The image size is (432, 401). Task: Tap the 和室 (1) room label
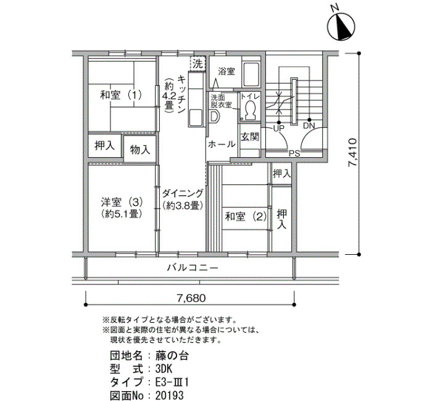click(121, 95)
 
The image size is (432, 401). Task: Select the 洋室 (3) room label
click(122, 202)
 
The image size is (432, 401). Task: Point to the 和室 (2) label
click(246, 217)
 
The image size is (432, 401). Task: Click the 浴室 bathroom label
click(226, 72)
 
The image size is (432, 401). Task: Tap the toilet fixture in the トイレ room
click(250, 110)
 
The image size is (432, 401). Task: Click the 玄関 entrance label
click(250, 137)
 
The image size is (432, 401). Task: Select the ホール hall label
click(222, 144)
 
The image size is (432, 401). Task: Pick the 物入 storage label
click(140, 150)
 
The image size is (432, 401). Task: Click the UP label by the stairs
click(278, 128)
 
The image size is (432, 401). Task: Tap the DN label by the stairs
click(309, 126)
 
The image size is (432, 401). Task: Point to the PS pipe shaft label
click(294, 154)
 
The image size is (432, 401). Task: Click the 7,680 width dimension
click(191, 298)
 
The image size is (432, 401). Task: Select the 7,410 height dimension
click(352, 152)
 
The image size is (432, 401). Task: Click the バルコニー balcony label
click(193, 267)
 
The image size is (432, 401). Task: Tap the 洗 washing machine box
click(197, 64)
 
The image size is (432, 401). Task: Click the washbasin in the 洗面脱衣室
click(214, 117)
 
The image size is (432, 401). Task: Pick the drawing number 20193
click(170, 395)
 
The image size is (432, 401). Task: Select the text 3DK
click(164, 369)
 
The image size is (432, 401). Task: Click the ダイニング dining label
click(183, 193)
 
